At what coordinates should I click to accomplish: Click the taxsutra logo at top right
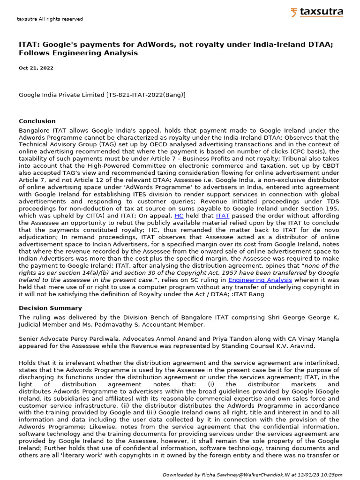click(316, 12)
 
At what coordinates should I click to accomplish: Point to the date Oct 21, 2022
click(36, 68)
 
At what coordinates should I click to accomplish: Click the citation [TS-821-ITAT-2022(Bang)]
click(146, 95)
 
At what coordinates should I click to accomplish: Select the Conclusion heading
click(37, 121)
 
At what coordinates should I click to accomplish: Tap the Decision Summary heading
click(50, 308)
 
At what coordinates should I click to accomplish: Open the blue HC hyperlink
click(179, 216)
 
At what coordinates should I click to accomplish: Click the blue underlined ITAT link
click(222, 216)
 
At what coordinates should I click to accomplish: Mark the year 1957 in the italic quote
click(184, 273)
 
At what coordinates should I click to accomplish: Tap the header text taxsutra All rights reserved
click(50, 19)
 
